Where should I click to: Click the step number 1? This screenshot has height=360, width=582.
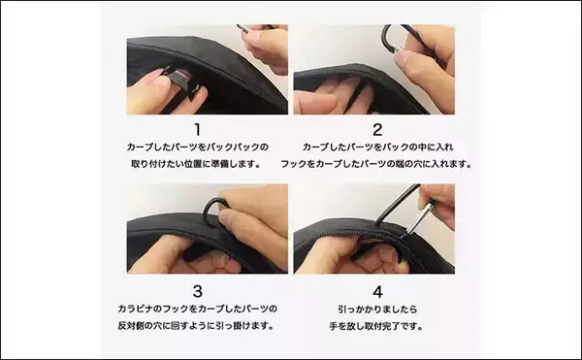pos(198,129)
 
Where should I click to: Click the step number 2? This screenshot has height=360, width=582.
pos(377,129)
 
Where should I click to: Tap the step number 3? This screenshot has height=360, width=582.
pos(198,291)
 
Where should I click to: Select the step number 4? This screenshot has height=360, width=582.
pos(377,292)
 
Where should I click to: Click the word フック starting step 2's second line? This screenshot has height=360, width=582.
pos(293,164)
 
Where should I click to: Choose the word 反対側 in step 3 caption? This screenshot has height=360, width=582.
pos(131,326)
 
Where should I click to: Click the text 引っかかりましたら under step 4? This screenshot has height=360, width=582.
pos(377,310)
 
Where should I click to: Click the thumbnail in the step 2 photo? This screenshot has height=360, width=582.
pos(402,57)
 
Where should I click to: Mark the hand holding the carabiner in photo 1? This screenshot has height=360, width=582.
pos(267,47)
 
